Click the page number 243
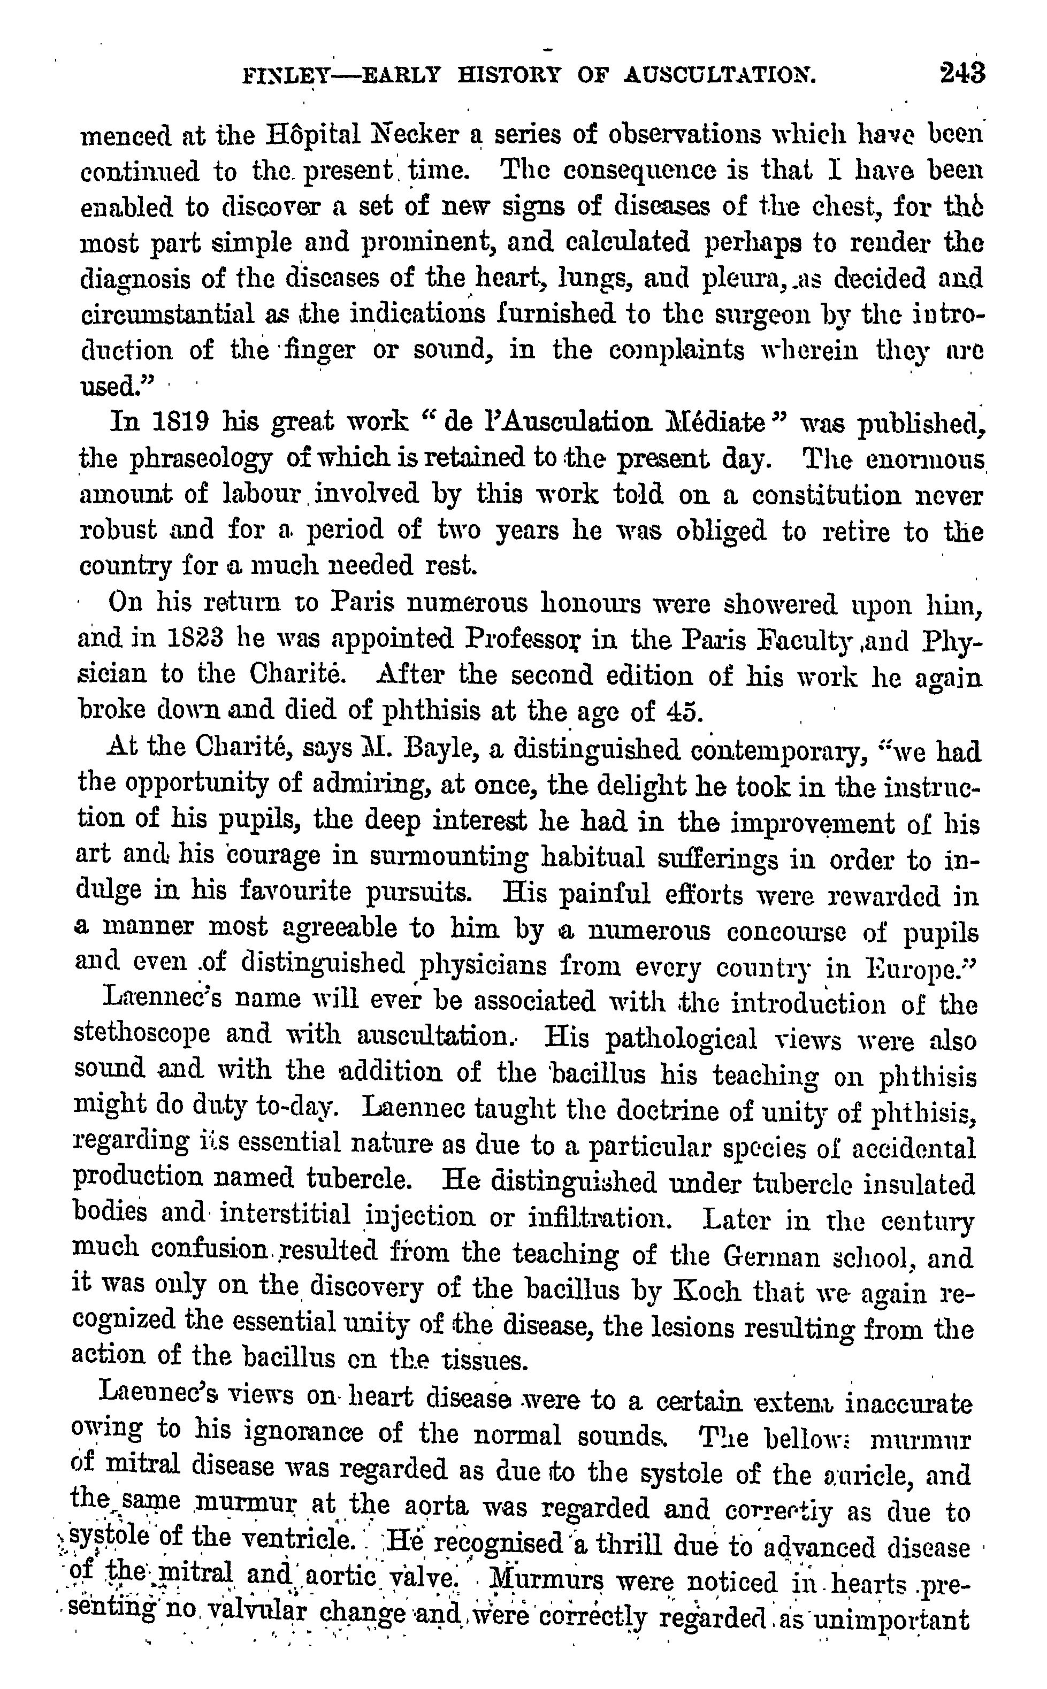point(962,73)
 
